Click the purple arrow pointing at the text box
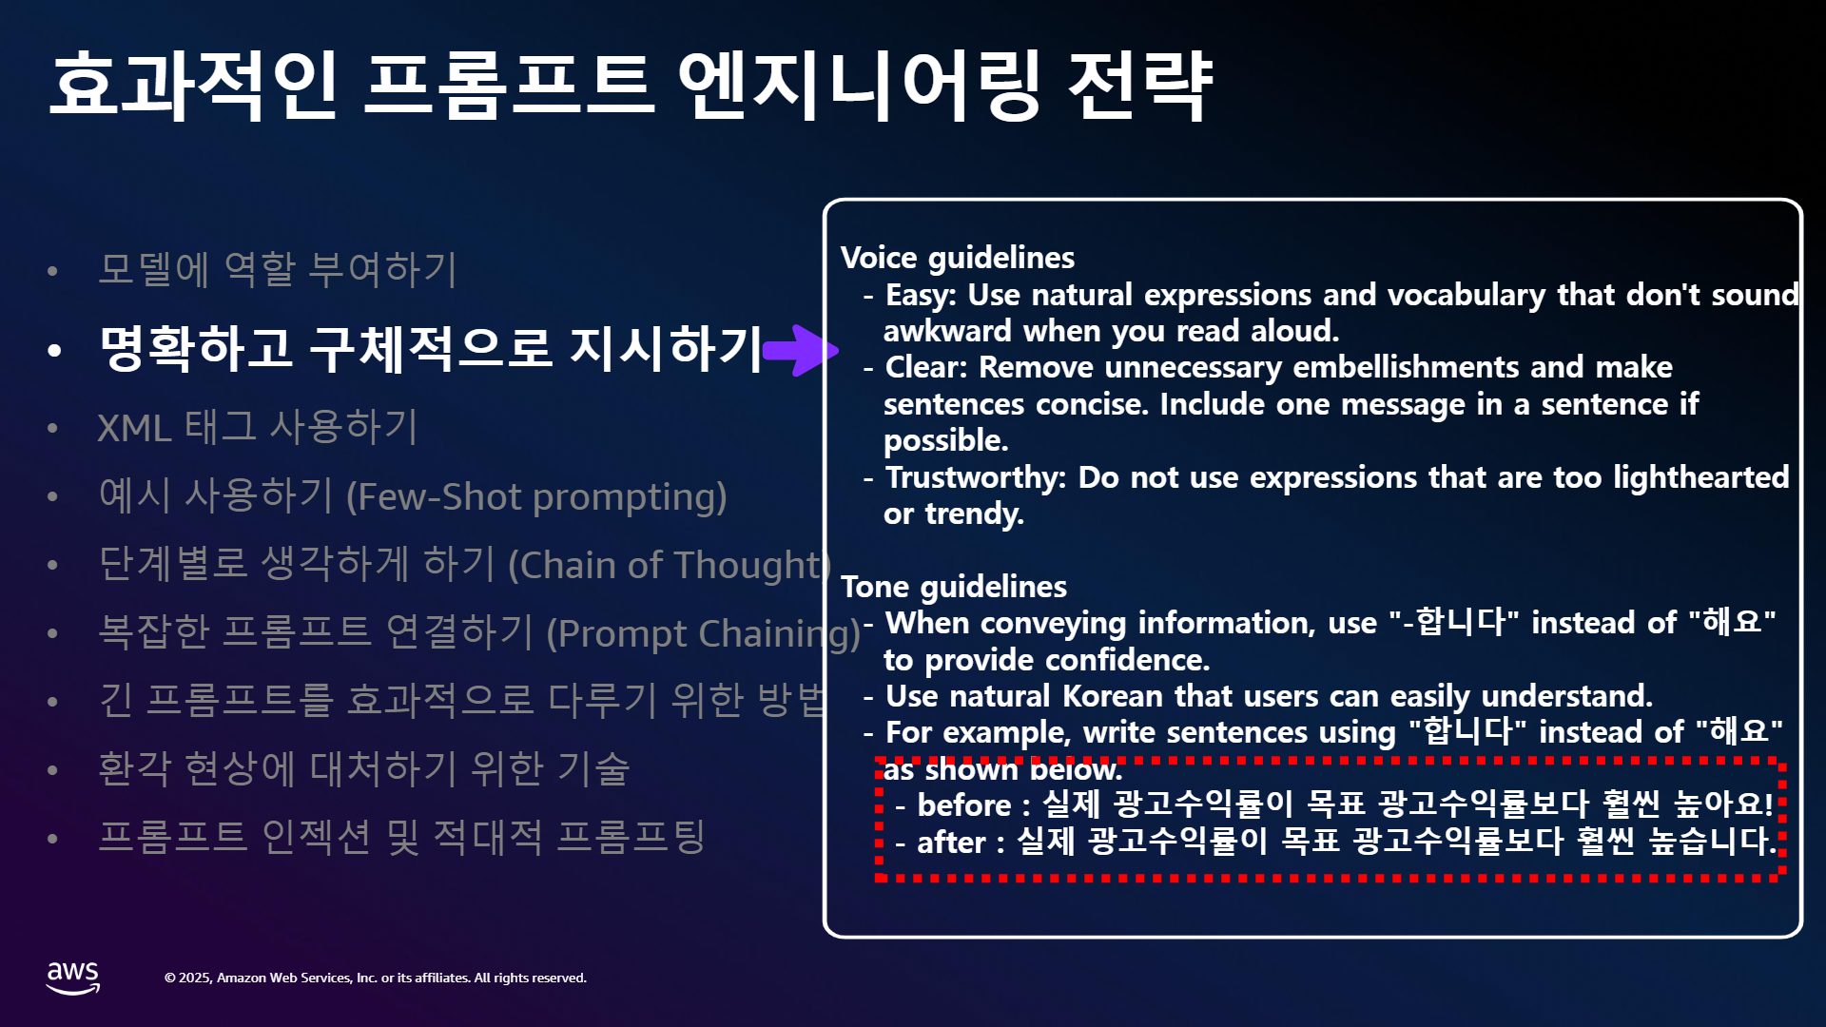point(801,350)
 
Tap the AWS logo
point(73,978)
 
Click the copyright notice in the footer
point(376,978)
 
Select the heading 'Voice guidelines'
point(958,258)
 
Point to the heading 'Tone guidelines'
point(954,587)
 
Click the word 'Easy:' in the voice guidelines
point(921,296)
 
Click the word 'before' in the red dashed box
point(964,805)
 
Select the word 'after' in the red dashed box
point(951,843)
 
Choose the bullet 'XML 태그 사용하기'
point(258,427)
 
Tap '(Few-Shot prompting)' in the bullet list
point(536,496)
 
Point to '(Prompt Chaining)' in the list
point(704,633)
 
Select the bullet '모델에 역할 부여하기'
point(278,269)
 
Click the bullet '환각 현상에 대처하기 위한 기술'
point(364,768)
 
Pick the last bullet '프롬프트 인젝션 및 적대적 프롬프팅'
point(401,837)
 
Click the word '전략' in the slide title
point(1139,86)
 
